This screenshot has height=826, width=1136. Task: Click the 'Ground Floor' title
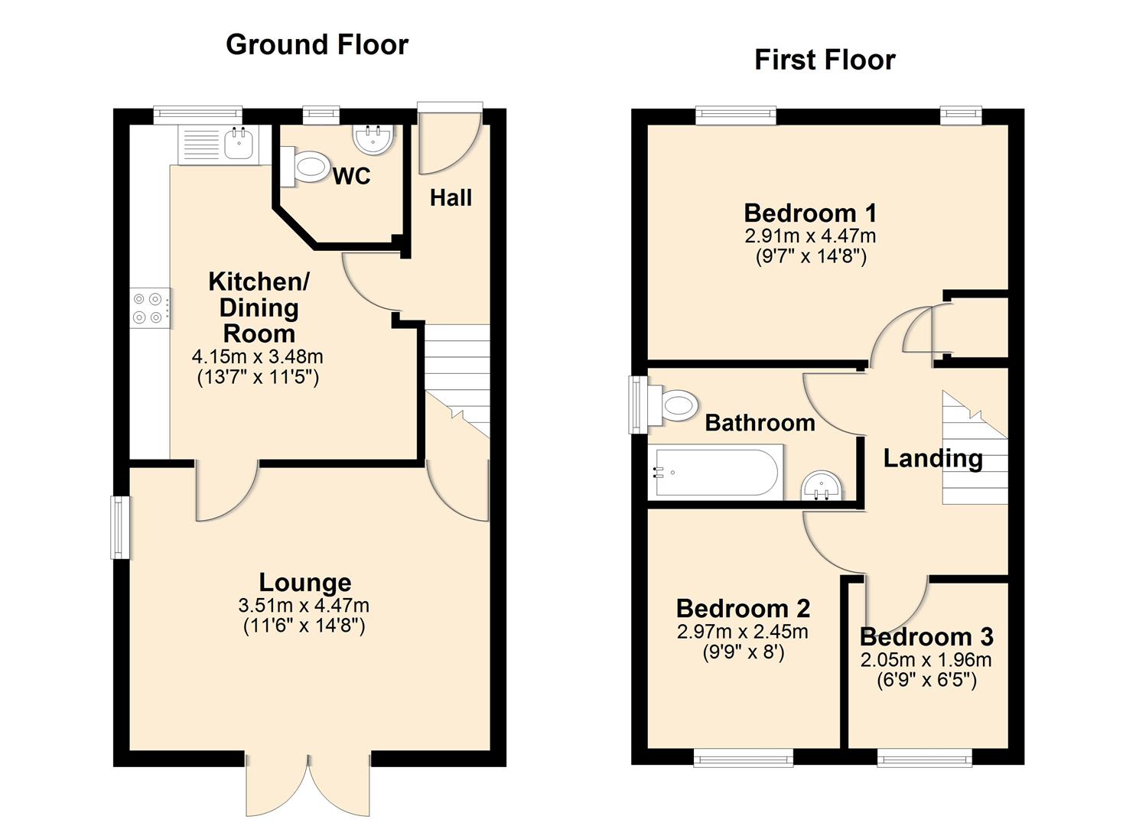point(317,45)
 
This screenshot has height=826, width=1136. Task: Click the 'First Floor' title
point(824,60)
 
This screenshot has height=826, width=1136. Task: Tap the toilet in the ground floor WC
point(306,167)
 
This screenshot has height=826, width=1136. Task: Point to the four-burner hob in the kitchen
point(149,308)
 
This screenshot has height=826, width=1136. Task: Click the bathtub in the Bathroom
point(714,473)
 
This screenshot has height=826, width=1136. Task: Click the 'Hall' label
point(451,198)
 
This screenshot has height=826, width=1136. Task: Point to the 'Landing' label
point(933,458)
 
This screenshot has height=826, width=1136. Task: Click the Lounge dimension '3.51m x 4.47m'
point(304,606)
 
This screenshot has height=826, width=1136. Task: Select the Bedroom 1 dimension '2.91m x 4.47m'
point(810,236)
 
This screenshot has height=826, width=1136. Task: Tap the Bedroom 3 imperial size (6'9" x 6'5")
point(926,680)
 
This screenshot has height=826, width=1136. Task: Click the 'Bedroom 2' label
point(743,609)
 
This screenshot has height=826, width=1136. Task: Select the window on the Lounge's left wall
point(120,527)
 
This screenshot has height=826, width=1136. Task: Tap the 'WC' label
point(351,177)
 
